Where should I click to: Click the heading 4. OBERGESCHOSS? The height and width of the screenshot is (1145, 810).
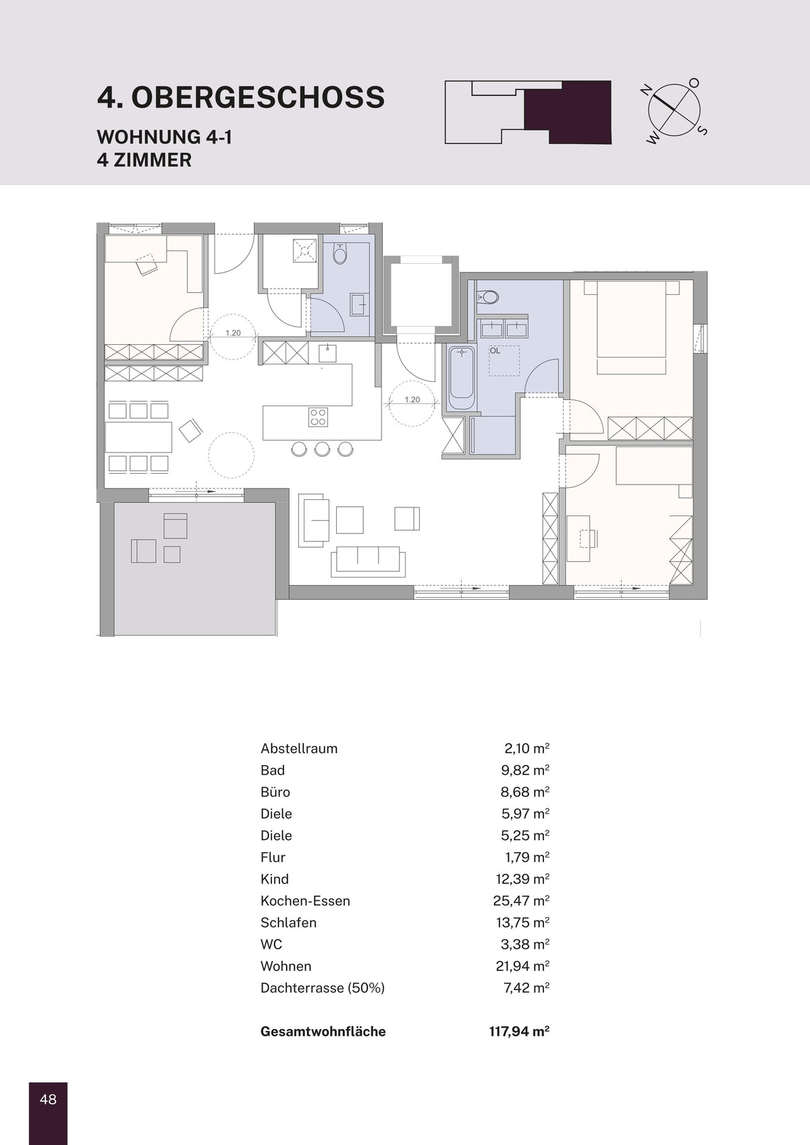241,97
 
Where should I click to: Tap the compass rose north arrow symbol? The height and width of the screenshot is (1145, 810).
674,109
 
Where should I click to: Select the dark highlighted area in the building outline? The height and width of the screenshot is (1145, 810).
568,112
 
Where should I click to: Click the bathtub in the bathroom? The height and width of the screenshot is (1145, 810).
462,378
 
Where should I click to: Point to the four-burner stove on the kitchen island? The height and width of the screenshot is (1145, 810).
318,417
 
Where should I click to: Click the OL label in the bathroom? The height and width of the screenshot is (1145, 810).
495,351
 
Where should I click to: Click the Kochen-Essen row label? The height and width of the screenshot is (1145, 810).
305,901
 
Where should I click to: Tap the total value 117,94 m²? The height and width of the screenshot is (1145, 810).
519,1032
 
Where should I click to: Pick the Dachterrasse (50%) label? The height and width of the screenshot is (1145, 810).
323,988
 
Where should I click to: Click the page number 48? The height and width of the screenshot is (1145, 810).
48,1099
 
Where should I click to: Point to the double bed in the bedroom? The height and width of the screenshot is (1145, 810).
632,327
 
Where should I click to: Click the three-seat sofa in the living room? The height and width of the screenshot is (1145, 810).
368,561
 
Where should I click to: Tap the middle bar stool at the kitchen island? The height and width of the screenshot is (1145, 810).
322,448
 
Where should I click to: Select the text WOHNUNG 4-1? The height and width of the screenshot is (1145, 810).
165,138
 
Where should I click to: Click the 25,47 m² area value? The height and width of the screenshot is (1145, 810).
521,901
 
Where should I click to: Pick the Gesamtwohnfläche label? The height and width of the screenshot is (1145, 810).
323,1032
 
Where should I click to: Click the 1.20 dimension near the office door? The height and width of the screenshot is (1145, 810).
233,333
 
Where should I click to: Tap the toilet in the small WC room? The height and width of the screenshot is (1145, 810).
340,253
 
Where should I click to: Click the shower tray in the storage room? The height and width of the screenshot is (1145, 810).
305,250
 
